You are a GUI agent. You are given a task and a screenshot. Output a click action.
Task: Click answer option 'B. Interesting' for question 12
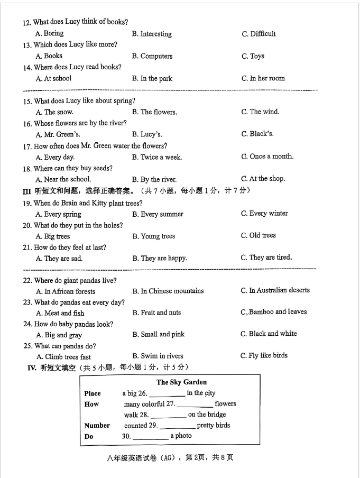[152, 34]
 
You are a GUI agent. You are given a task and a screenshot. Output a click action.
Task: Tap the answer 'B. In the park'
[152, 79]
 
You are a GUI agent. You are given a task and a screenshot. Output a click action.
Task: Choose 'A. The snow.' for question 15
[54, 112]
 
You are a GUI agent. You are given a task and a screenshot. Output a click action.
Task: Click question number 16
[27, 124]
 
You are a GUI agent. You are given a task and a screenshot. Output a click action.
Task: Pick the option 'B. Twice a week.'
[156, 157]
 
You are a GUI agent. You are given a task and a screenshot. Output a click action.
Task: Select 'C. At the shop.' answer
[263, 179]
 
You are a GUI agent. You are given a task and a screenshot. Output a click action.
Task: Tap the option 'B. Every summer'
[158, 214]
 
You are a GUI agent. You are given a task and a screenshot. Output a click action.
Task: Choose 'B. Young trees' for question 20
[153, 236]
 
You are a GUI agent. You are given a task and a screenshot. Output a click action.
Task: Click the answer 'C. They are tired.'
[266, 258]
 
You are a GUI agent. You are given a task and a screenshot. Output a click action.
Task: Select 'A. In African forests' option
[66, 291]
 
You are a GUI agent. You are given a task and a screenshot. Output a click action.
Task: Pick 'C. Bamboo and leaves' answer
[273, 312]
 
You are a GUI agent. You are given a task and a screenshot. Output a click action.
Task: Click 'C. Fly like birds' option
[264, 355]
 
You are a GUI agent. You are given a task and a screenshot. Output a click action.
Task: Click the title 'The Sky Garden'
[181, 382]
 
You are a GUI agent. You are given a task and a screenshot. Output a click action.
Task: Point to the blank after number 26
[167, 394]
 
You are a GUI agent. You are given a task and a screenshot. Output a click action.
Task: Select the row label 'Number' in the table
[97, 426]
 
